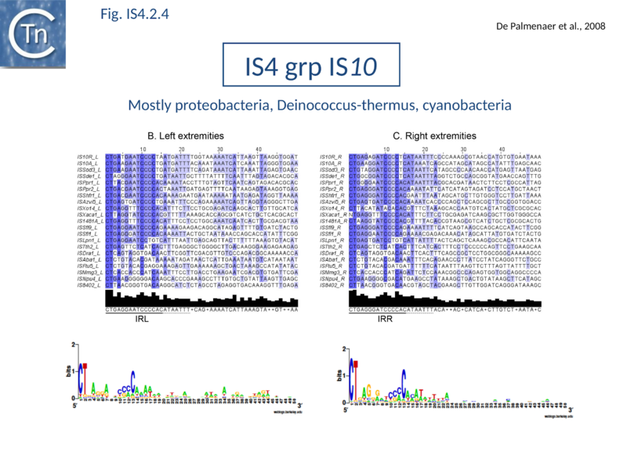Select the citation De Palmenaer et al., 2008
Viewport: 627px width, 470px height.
coord(552,26)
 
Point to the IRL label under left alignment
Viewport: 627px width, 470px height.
coord(142,319)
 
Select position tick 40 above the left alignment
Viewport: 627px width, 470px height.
coord(259,149)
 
